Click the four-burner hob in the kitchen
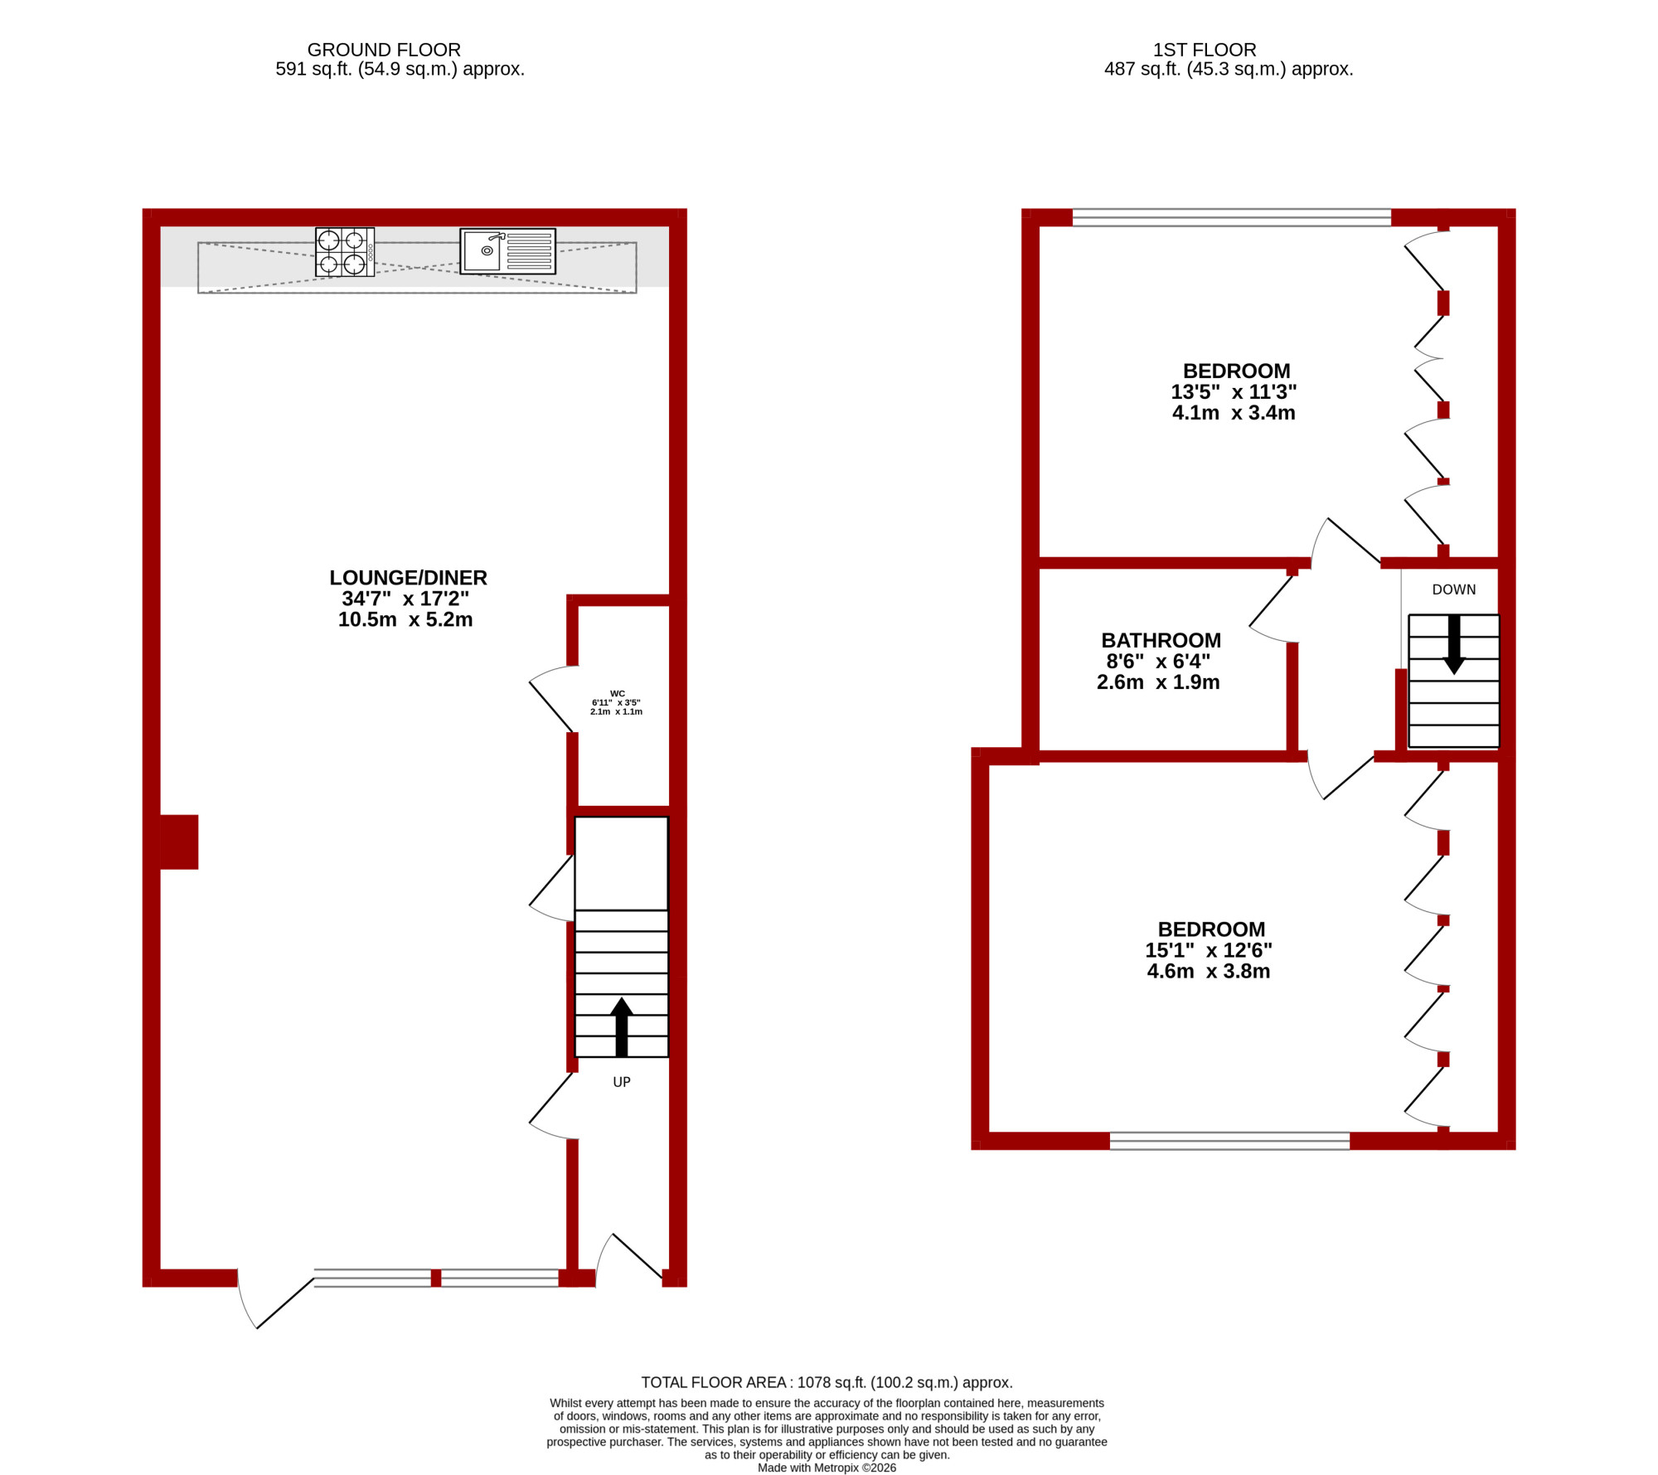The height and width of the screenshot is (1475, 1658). click(345, 252)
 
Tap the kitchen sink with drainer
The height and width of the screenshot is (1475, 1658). click(507, 251)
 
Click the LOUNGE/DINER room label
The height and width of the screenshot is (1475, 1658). click(408, 578)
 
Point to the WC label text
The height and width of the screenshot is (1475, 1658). click(618, 694)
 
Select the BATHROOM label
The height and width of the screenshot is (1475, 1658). click(1161, 641)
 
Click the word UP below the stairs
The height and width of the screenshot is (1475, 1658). click(622, 1082)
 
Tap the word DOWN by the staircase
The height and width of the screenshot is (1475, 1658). click(1454, 590)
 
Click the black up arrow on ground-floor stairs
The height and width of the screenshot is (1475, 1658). click(622, 1027)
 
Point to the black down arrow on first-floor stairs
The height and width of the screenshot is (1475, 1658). click(1454, 644)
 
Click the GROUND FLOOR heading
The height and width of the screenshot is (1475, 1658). click(384, 50)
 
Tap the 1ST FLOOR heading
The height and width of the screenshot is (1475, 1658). click(1205, 50)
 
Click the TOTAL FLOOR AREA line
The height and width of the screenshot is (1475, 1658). click(827, 1382)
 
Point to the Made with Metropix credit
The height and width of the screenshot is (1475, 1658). click(827, 1468)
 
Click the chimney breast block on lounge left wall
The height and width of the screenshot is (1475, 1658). click(179, 842)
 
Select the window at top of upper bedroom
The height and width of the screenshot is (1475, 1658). click(1232, 218)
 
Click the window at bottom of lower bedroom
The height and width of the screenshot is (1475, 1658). click(1229, 1141)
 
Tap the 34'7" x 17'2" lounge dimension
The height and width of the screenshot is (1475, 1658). click(405, 599)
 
